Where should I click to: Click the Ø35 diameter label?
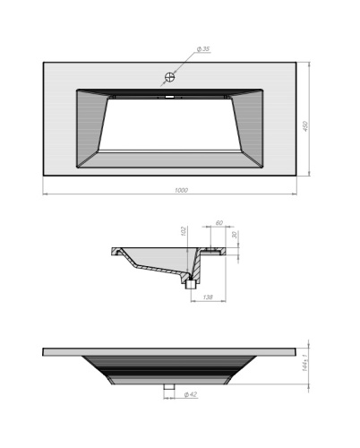coord(202,48)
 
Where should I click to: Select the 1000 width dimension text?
coord(182,189)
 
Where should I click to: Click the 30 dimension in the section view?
coord(236,237)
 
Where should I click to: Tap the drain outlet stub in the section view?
coord(191,286)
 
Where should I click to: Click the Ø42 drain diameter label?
coord(190,394)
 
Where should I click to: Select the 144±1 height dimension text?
coord(305,365)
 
